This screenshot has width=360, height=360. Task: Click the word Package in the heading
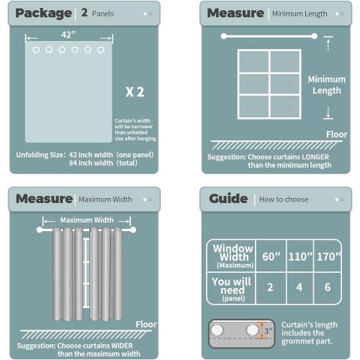coord(43,13)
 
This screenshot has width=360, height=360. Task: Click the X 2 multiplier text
coord(135,91)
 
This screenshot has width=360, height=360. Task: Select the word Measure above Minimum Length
coord(235,13)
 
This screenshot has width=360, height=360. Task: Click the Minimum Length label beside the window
coord(327,85)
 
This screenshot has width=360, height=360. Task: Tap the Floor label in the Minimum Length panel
coord(336,134)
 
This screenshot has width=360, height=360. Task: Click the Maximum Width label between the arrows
coord(86,220)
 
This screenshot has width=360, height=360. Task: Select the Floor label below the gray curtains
coord(146,324)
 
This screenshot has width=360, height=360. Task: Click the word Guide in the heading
coord(228,199)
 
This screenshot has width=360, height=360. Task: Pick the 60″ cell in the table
coord(270,256)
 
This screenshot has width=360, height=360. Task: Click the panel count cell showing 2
coord(270,287)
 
